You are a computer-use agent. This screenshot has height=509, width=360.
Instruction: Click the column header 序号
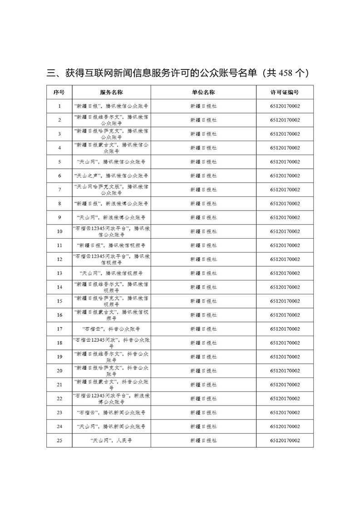[x=59, y=92]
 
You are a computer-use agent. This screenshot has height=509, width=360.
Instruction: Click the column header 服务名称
[x=111, y=92]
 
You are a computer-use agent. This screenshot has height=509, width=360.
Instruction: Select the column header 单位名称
[x=203, y=92]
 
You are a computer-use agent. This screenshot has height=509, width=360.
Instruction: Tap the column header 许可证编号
[x=285, y=92]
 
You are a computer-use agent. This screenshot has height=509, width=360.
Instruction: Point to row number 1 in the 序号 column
[x=59, y=106]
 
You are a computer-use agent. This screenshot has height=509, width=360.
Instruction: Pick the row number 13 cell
[x=59, y=273]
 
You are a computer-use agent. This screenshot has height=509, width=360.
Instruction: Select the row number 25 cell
[x=59, y=440]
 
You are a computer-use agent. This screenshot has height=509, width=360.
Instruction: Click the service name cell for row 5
[x=111, y=162]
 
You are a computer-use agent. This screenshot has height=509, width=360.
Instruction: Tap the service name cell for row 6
[x=111, y=176]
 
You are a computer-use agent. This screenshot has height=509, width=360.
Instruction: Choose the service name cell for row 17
[x=111, y=329]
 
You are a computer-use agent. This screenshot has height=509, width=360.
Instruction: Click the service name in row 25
[x=111, y=440]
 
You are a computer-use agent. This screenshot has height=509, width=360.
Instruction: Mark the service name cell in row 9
[x=111, y=217]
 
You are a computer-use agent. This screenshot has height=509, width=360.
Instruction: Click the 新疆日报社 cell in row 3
[x=203, y=134]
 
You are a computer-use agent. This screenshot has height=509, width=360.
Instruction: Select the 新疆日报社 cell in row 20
[x=203, y=371]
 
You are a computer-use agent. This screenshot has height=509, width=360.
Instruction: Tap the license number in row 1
[x=285, y=106]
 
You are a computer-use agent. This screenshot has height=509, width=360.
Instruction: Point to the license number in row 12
[x=285, y=259]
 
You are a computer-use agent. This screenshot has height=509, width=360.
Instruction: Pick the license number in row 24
[x=285, y=426]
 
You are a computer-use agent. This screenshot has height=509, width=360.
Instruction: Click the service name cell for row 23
[x=111, y=412]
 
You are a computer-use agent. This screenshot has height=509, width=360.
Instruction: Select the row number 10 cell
[x=59, y=231]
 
